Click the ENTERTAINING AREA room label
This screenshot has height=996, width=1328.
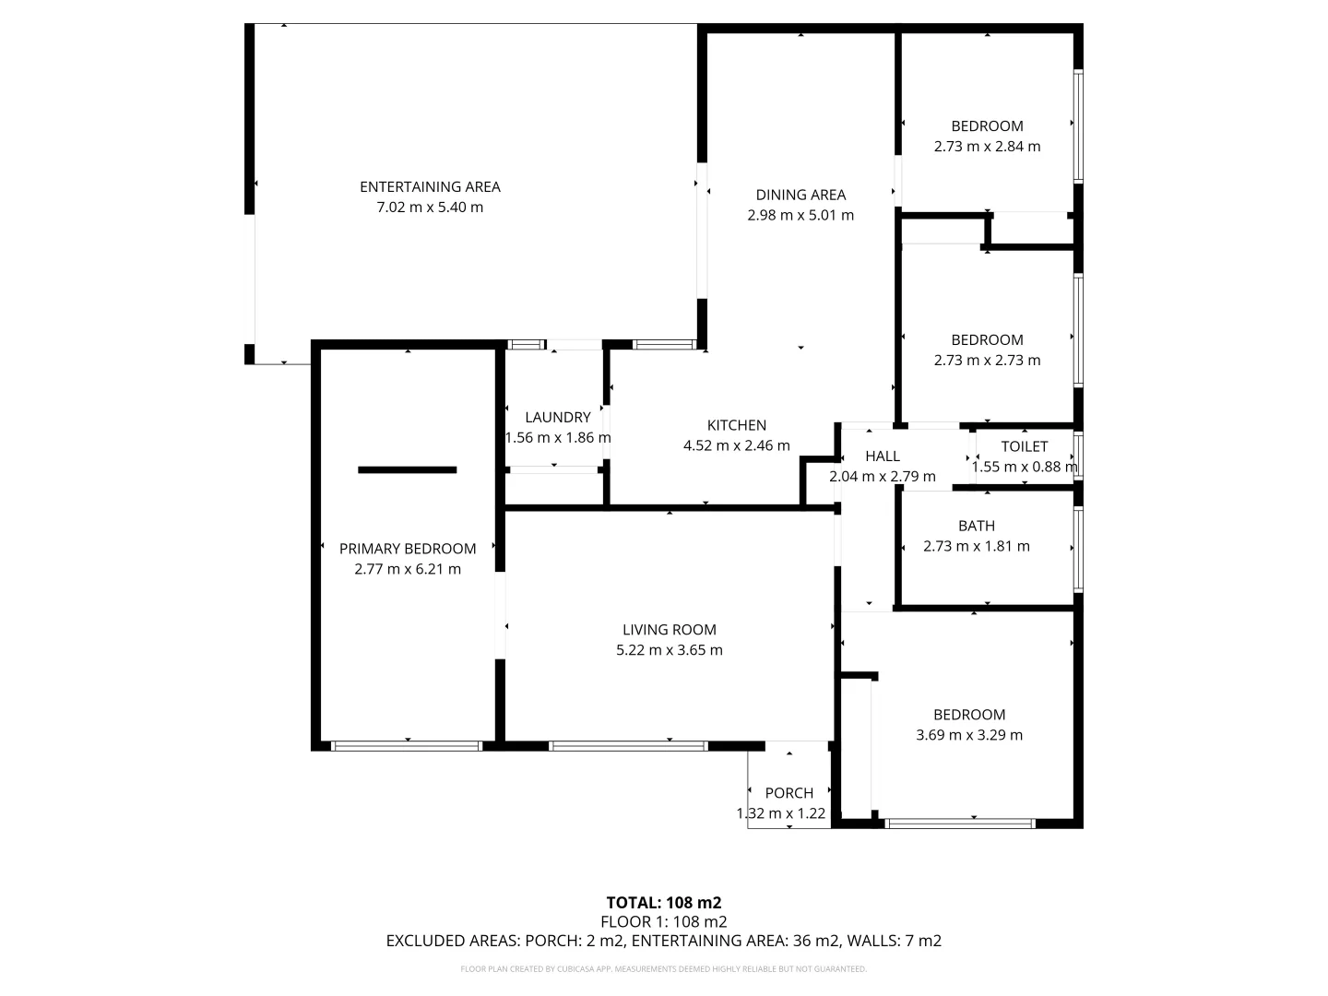[430, 187]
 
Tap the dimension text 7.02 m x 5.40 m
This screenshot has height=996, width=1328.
[430, 207]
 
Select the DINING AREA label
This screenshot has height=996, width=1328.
[800, 195]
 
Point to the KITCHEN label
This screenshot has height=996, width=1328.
[736, 425]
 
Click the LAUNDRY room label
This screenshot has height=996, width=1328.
[557, 418]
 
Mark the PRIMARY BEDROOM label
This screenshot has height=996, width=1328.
[408, 549]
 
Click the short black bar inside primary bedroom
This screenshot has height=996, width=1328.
[407, 470]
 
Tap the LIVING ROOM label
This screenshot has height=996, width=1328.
[669, 630]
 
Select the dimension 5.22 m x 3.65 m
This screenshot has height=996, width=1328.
[669, 650]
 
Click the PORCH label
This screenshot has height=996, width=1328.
[789, 793]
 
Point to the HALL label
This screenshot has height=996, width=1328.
[882, 456]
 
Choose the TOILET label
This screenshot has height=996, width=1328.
[1025, 446]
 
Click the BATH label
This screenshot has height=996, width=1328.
[976, 526]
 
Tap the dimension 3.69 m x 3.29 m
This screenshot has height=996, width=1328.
[968, 735]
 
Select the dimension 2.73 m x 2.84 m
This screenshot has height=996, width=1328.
[987, 147]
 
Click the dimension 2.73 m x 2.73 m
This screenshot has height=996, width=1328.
[987, 361]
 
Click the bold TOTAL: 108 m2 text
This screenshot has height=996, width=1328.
[663, 903]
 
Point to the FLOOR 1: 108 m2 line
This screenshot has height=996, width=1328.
[663, 921]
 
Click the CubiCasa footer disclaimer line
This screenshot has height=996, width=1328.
[663, 969]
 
